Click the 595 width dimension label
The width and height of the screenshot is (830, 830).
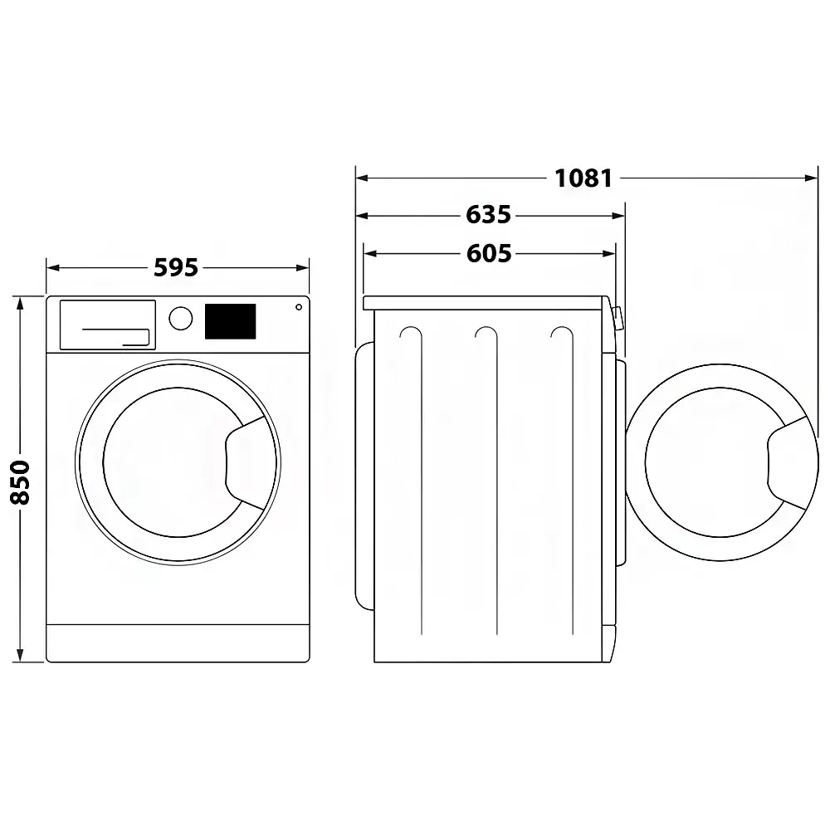click(x=176, y=268)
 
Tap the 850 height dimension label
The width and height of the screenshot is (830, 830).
click(x=21, y=481)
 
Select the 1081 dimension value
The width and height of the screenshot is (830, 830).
click(x=583, y=178)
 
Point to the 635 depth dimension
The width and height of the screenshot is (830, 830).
click(x=488, y=215)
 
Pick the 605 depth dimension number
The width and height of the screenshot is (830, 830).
click(x=488, y=253)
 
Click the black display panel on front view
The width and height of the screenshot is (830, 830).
click(x=230, y=321)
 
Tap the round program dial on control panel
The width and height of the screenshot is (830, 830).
click(x=180, y=319)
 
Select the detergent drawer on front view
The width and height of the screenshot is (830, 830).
click(x=107, y=325)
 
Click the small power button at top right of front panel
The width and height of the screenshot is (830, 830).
click(x=297, y=307)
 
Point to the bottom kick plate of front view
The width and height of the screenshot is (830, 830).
click(x=178, y=643)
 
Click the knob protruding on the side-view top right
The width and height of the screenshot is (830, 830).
click(x=618, y=319)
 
